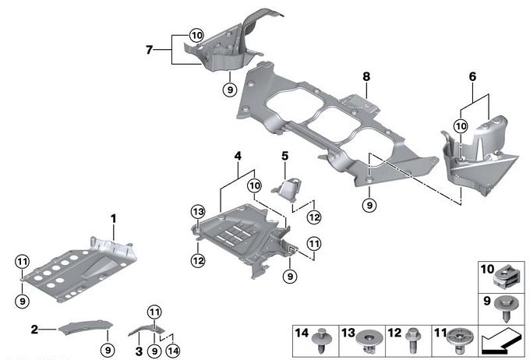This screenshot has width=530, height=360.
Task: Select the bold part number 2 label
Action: pos(34,330)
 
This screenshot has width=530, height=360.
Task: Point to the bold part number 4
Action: pos(237,156)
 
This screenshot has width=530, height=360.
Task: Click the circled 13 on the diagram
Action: pos(197,211)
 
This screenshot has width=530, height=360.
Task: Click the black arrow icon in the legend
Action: pos(500,341)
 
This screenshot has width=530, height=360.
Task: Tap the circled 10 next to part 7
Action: pos(195,35)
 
